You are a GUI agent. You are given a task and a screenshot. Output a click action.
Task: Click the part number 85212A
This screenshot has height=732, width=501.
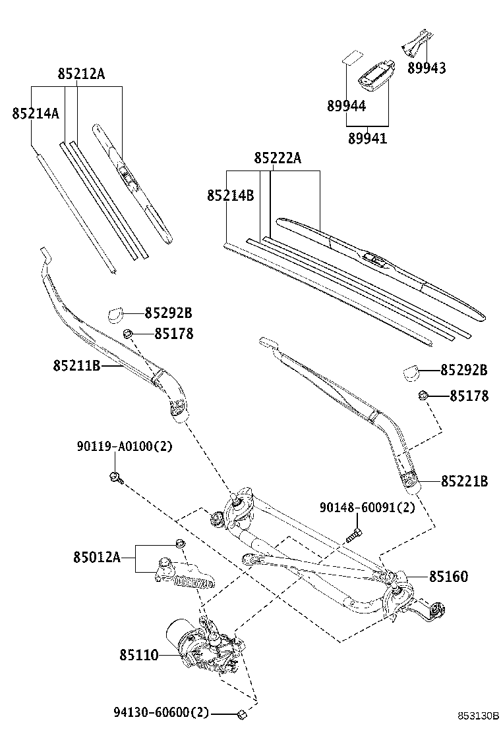click(80, 74)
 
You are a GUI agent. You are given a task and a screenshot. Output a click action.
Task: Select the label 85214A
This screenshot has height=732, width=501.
click(36, 113)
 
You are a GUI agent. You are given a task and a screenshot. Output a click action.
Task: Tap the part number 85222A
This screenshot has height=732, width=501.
click(278, 158)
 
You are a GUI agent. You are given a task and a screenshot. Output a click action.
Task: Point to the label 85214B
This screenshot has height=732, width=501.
click(230, 196)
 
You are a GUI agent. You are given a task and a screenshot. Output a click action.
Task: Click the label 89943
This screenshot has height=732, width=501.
click(427, 68)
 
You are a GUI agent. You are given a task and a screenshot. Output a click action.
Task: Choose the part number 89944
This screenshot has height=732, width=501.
click(346, 106)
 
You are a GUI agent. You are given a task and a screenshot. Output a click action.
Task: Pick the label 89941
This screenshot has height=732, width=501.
click(367, 138)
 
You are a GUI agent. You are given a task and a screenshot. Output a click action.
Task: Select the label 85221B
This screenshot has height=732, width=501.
click(464, 482)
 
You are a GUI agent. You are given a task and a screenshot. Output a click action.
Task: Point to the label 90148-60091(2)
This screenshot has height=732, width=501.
click(367, 508)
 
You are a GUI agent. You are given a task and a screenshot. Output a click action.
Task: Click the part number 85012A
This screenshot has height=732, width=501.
click(97, 558)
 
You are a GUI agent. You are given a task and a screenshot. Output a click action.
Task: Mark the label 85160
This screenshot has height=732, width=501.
click(448, 577)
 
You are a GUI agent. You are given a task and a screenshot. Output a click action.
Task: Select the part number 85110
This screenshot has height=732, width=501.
click(139, 655)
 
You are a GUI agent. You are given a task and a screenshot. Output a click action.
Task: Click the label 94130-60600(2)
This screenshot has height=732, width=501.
click(161, 712)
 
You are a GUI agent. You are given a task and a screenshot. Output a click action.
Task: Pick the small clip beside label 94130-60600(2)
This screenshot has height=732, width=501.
click(241, 713)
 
